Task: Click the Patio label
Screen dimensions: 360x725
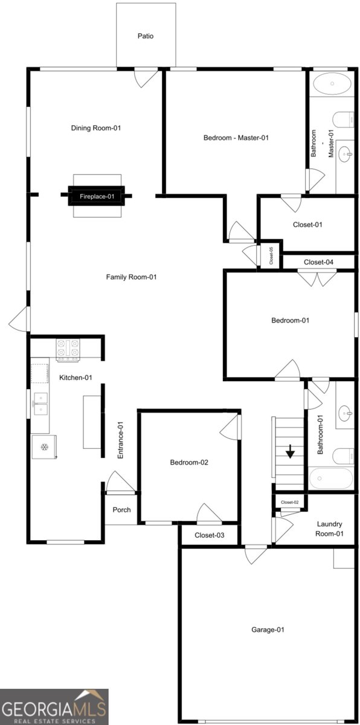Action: click(146, 36)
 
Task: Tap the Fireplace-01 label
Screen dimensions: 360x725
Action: click(97, 196)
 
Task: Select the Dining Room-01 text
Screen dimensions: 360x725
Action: click(96, 128)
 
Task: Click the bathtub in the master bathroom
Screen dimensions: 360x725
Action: click(332, 83)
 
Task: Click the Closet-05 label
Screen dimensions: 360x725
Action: click(271, 256)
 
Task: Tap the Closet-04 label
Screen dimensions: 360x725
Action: click(318, 262)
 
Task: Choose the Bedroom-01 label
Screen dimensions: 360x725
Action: click(291, 320)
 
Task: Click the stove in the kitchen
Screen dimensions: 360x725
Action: click(68, 350)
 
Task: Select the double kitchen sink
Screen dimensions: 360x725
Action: click(40, 404)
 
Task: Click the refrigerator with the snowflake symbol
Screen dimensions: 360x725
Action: click(44, 447)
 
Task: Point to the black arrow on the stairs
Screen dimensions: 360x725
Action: click(290, 451)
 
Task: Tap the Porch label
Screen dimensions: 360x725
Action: click(121, 510)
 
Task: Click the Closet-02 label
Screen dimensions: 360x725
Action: click(290, 502)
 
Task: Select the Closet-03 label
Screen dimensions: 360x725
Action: click(209, 535)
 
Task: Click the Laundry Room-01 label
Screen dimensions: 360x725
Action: click(329, 529)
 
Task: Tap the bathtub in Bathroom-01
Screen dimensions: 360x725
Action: click(330, 478)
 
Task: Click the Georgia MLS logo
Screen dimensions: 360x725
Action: click(54, 707)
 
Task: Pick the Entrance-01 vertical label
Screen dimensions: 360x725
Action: click(120, 440)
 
